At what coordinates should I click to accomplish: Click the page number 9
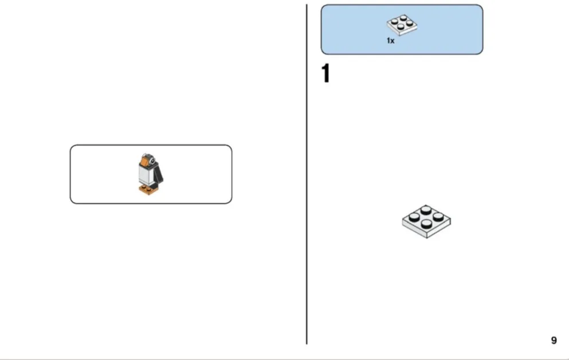554,341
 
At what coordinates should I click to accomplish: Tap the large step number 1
325,73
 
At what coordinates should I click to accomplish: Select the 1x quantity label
390,41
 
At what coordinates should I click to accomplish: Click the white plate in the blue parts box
402,25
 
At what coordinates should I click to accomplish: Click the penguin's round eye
152,161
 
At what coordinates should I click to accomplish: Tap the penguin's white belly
146,175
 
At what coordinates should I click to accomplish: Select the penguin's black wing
158,174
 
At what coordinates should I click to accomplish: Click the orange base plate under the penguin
149,189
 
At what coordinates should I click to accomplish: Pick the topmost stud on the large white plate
426,209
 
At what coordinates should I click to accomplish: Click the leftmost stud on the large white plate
414,217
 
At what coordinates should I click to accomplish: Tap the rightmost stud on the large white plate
438,217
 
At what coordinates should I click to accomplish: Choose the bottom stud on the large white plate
426,224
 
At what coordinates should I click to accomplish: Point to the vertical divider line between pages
307,174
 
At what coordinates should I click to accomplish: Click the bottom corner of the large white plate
427,238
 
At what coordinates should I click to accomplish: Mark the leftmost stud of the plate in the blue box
394,22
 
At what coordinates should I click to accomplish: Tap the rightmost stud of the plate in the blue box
410,23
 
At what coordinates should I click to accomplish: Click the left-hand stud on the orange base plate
144,187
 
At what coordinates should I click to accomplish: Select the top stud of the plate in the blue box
403,17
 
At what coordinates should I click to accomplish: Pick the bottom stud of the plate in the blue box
401,27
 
